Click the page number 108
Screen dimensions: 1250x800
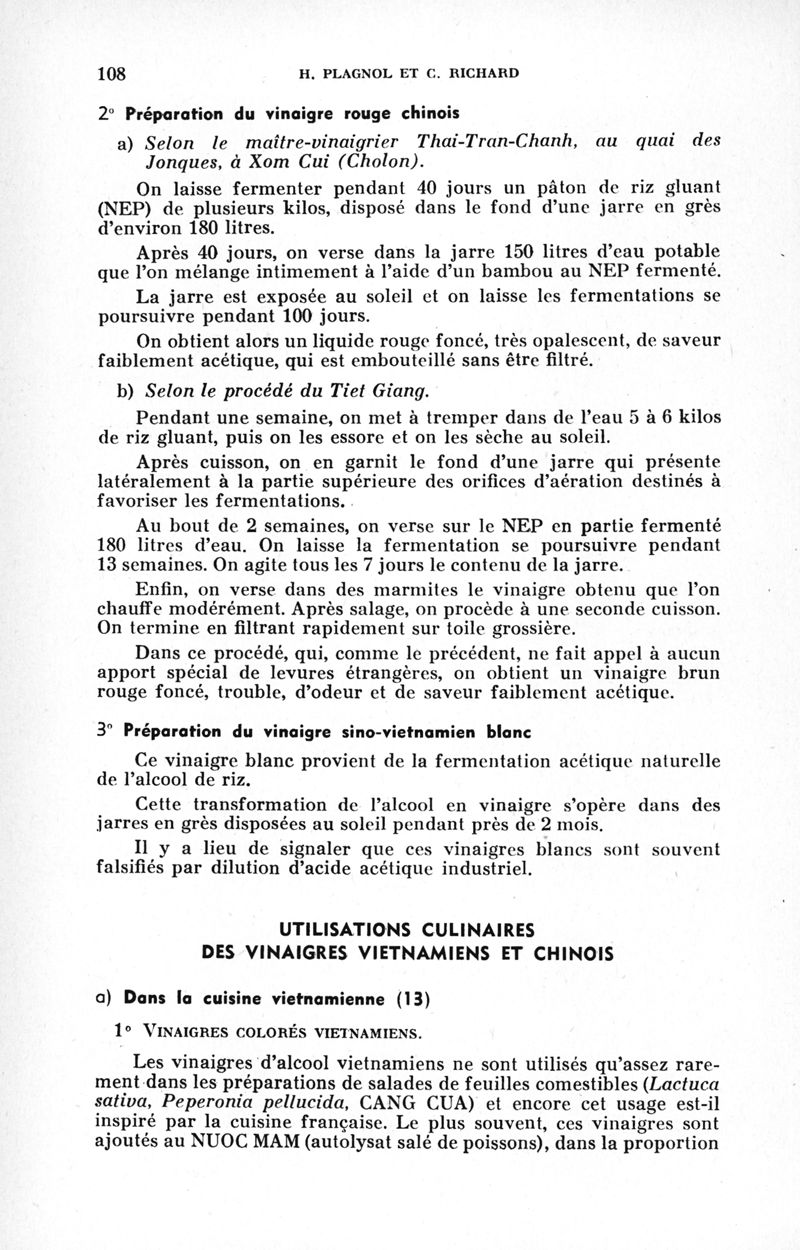click(x=116, y=73)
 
